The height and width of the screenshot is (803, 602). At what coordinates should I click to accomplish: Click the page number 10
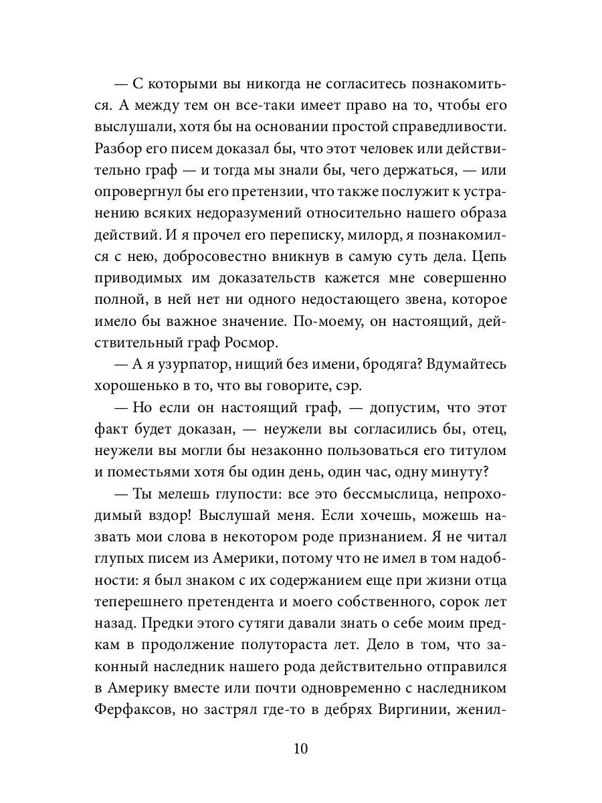point(300,747)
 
